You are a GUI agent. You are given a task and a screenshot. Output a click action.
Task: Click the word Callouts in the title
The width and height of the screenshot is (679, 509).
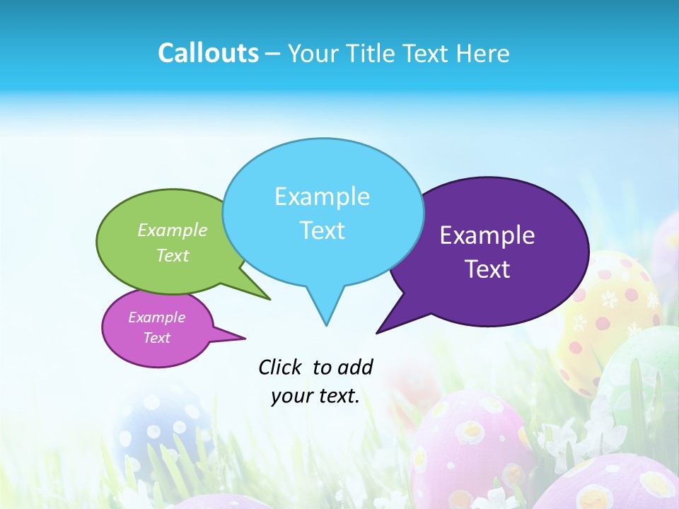point(208,53)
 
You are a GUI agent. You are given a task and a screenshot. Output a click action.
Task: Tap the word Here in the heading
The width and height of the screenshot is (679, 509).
point(483,53)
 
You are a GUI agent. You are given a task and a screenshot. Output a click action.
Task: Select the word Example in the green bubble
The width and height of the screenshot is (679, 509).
point(173,230)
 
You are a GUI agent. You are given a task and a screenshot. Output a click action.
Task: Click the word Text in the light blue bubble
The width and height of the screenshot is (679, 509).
point(323,230)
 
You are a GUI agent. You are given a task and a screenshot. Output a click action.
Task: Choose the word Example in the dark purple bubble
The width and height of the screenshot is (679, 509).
point(487,235)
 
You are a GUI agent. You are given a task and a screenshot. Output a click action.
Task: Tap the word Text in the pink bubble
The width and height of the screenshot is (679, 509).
point(157,338)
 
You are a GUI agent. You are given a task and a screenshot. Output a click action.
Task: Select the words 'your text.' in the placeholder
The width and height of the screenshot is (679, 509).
point(315,397)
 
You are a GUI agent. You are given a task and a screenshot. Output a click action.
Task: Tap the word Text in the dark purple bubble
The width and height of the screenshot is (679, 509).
point(488,269)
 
